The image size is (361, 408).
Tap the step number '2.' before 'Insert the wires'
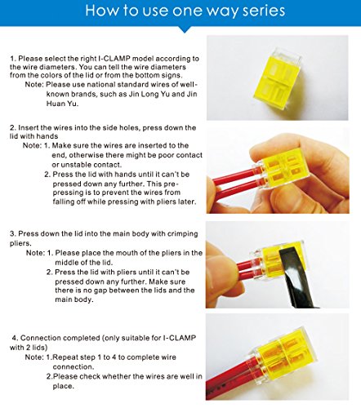tap(13, 128)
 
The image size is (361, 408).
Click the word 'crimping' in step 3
tap(183, 234)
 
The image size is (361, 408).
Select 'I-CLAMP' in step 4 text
tap(180, 338)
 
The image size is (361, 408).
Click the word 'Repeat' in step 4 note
tap(64, 357)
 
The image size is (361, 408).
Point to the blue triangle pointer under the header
tap(185, 29)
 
